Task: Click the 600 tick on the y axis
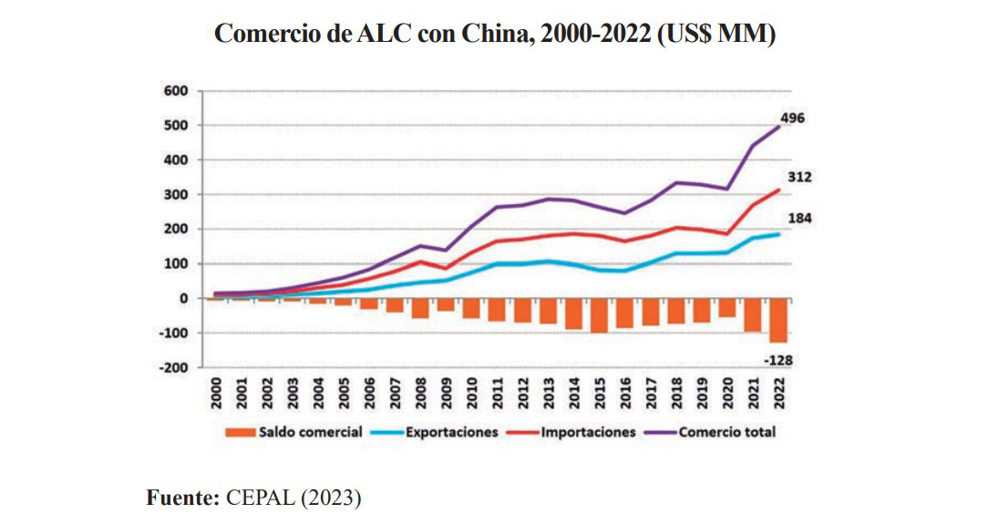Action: click(x=176, y=91)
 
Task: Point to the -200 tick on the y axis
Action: click(x=172, y=368)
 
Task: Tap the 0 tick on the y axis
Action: click(x=183, y=299)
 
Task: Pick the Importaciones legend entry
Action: click(x=584, y=432)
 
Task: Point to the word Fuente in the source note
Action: click(x=180, y=498)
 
